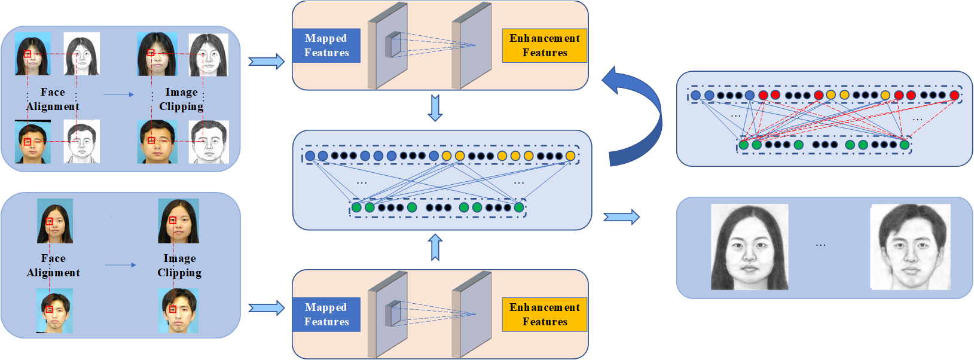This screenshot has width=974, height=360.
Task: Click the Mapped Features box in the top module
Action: (x=326, y=45)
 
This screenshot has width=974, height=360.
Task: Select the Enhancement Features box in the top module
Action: (x=544, y=45)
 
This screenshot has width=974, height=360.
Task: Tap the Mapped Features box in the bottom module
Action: (x=326, y=315)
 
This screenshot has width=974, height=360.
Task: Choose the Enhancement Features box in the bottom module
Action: (x=544, y=315)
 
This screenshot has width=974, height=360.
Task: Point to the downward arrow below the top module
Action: (x=435, y=108)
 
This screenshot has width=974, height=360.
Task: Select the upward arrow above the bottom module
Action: (x=435, y=248)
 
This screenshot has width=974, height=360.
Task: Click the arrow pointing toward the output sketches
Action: (x=621, y=216)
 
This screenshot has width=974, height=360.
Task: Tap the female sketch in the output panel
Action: (x=749, y=247)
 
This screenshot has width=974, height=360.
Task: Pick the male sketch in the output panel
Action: (x=910, y=247)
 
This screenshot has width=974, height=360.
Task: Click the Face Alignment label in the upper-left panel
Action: (x=53, y=99)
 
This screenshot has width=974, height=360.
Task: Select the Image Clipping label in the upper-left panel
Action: (x=181, y=99)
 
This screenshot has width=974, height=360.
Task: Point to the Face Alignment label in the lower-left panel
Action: (x=53, y=266)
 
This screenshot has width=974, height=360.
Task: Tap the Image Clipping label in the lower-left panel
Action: (x=179, y=266)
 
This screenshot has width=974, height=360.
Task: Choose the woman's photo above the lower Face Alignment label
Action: (x=55, y=221)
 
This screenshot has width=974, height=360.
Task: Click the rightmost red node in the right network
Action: (x=954, y=95)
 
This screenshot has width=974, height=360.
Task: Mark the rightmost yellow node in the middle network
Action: (x=570, y=156)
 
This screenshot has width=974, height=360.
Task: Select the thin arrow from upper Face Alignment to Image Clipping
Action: (x=118, y=94)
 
